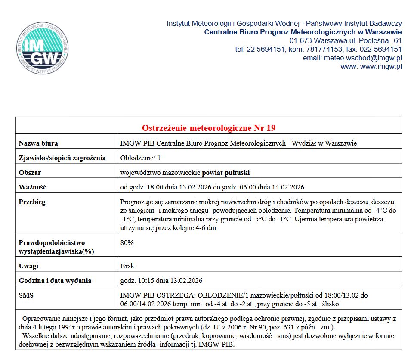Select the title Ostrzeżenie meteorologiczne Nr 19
[209, 128]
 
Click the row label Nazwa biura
[38, 143]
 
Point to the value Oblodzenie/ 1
[140, 158]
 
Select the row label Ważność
[32, 187]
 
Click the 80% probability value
[127, 242]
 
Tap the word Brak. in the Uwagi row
[128, 266]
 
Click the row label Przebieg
[32, 202]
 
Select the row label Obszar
[30, 173]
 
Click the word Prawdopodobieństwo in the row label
[52, 243]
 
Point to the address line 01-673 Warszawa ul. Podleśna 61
[346, 40]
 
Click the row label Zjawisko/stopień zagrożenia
[62, 158]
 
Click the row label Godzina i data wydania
[55, 281]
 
